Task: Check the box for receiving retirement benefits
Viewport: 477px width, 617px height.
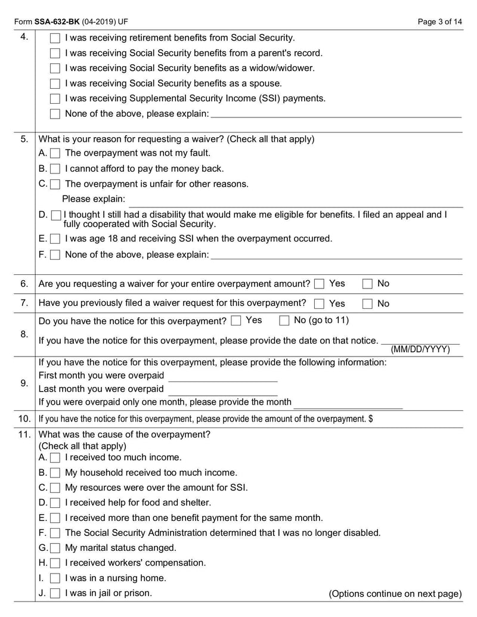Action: point(55,38)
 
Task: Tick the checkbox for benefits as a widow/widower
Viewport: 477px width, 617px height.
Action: point(55,69)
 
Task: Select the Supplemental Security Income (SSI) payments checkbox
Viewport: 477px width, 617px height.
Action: point(55,99)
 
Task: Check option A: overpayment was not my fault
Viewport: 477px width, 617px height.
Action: point(55,153)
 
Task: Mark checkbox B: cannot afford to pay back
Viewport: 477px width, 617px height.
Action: point(55,169)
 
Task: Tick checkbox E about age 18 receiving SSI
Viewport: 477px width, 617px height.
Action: point(55,239)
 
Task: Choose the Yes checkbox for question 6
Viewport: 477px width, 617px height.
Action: point(320,284)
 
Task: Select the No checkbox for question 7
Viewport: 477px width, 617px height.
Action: point(368,303)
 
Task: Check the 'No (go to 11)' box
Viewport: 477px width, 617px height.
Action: point(284,321)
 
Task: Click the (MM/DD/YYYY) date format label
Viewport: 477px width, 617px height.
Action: point(420,349)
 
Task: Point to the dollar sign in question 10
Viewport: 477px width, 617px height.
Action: point(371,419)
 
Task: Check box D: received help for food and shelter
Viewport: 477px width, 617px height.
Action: point(55,503)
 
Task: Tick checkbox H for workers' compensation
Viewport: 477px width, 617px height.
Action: point(55,563)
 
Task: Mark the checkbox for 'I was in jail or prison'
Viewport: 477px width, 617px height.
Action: point(55,594)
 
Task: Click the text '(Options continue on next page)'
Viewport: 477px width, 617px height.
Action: point(395,594)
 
